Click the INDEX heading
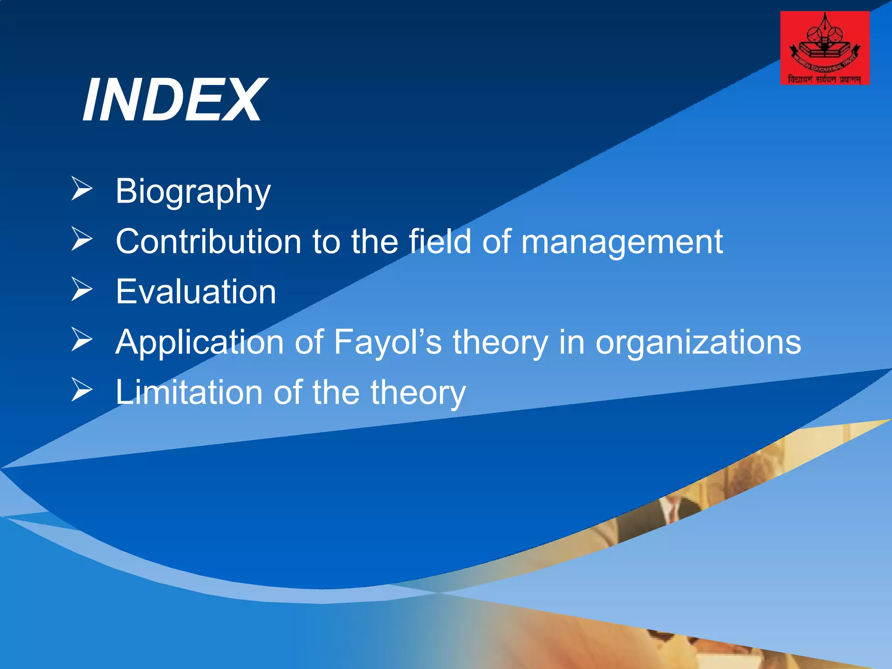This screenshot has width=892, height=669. coord(174,100)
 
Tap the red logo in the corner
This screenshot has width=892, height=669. coord(824,48)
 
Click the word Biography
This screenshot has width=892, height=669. coord(193,191)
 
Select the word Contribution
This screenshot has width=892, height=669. coord(208,241)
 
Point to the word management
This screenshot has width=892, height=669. coord(622,242)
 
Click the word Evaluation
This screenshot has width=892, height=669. coord(196,292)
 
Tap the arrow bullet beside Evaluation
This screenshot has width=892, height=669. coord(82,289)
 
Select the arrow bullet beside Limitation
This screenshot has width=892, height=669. coord(82,389)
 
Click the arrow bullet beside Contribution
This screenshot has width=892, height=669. coord(82,239)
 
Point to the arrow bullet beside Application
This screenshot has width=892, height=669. coord(82,339)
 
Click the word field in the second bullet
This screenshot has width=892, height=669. coord(440,241)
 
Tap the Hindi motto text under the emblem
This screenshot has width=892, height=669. coord(824,79)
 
